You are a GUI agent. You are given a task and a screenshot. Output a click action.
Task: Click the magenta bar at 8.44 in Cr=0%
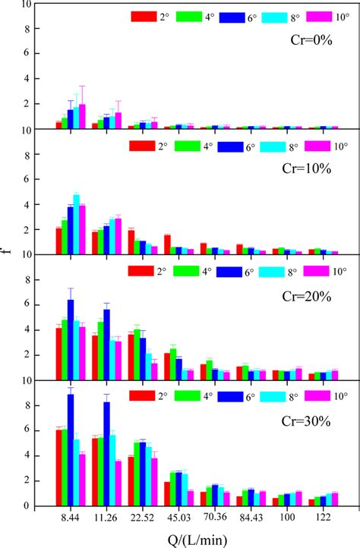click(x=82, y=117)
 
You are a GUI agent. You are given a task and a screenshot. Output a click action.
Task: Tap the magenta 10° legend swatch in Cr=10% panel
click(x=314, y=145)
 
